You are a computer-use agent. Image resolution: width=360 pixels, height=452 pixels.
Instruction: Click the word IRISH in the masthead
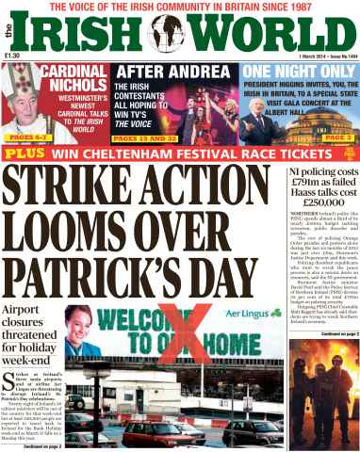tap(85, 35)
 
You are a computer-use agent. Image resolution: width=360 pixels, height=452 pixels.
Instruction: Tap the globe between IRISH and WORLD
tap(169, 35)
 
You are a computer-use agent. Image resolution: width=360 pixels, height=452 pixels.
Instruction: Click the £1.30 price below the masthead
tap(13, 57)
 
